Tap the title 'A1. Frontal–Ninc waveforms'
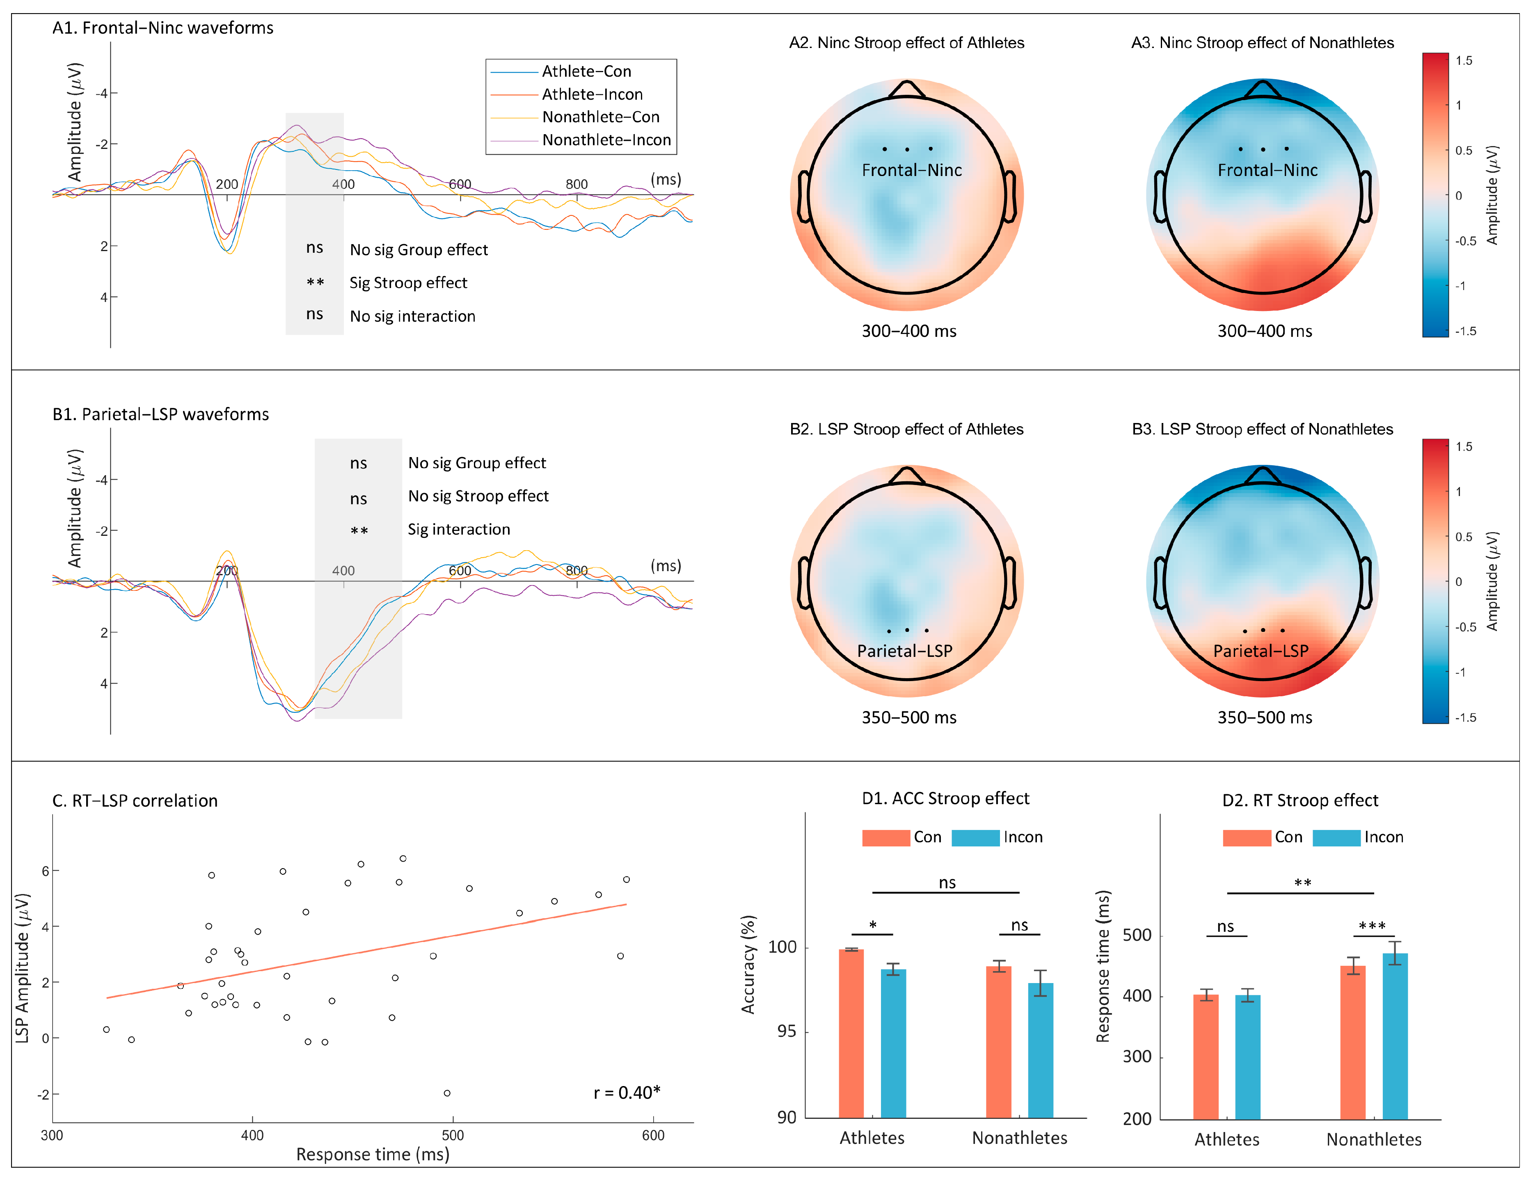[x=163, y=28]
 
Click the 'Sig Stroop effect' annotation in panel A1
[x=408, y=283]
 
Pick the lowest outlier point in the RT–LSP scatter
[x=447, y=1093]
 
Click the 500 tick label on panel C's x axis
[x=453, y=1135]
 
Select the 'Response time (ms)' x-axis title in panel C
[x=373, y=1155]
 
